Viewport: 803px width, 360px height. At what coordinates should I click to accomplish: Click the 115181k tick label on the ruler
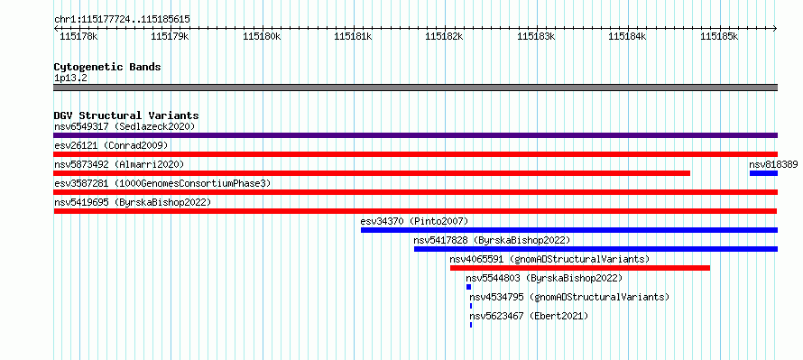pyautogui.click(x=353, y=36)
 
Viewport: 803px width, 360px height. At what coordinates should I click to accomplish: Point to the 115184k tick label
pyautogui.click(x=627, y=36)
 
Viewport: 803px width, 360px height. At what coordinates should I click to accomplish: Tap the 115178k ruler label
pyautogui.click(x=78, y=36)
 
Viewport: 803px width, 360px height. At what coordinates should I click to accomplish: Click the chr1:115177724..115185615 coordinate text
pyautogui.click(x=123, y=20)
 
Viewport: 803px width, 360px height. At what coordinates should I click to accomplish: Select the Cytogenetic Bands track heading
pyautogui.click(x=107, y=67)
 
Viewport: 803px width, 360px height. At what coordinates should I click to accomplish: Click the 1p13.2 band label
pyautogui.click(x=71, y=78)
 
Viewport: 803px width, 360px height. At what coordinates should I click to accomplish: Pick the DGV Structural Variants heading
pyautogui.click(x=126, y=115)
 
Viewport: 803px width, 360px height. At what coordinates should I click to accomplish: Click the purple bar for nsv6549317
pyautogui.click(x=416, y=135)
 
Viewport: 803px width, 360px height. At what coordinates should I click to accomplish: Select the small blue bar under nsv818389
pyautogui.click(x=763, y=173)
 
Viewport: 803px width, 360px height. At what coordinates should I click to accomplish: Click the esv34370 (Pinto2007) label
pyautogui.click(x=414, y=221)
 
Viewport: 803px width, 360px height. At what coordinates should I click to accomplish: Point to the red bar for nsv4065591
pyautogui.click(x=580, y=268)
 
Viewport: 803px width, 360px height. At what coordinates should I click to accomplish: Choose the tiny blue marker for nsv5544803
pyautogui.click(x=468, y=287)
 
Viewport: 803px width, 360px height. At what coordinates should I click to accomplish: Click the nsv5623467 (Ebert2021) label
pyautogui.click(x=529, y=316)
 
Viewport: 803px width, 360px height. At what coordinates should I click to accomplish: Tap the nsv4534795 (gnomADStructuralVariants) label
pyautogui.click(x=569, y=297)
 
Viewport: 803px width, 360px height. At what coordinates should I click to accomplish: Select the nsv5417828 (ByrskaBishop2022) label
pyautogui.click(x=492, y=240)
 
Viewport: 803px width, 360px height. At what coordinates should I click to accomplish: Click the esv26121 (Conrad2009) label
pyautogui.click(x=111, y=145)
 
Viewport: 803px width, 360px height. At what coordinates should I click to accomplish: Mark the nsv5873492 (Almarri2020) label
pyautogui.click(x=119, y=164)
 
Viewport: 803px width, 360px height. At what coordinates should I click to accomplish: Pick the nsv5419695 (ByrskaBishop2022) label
pyautogui.click(x=133, y=202)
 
